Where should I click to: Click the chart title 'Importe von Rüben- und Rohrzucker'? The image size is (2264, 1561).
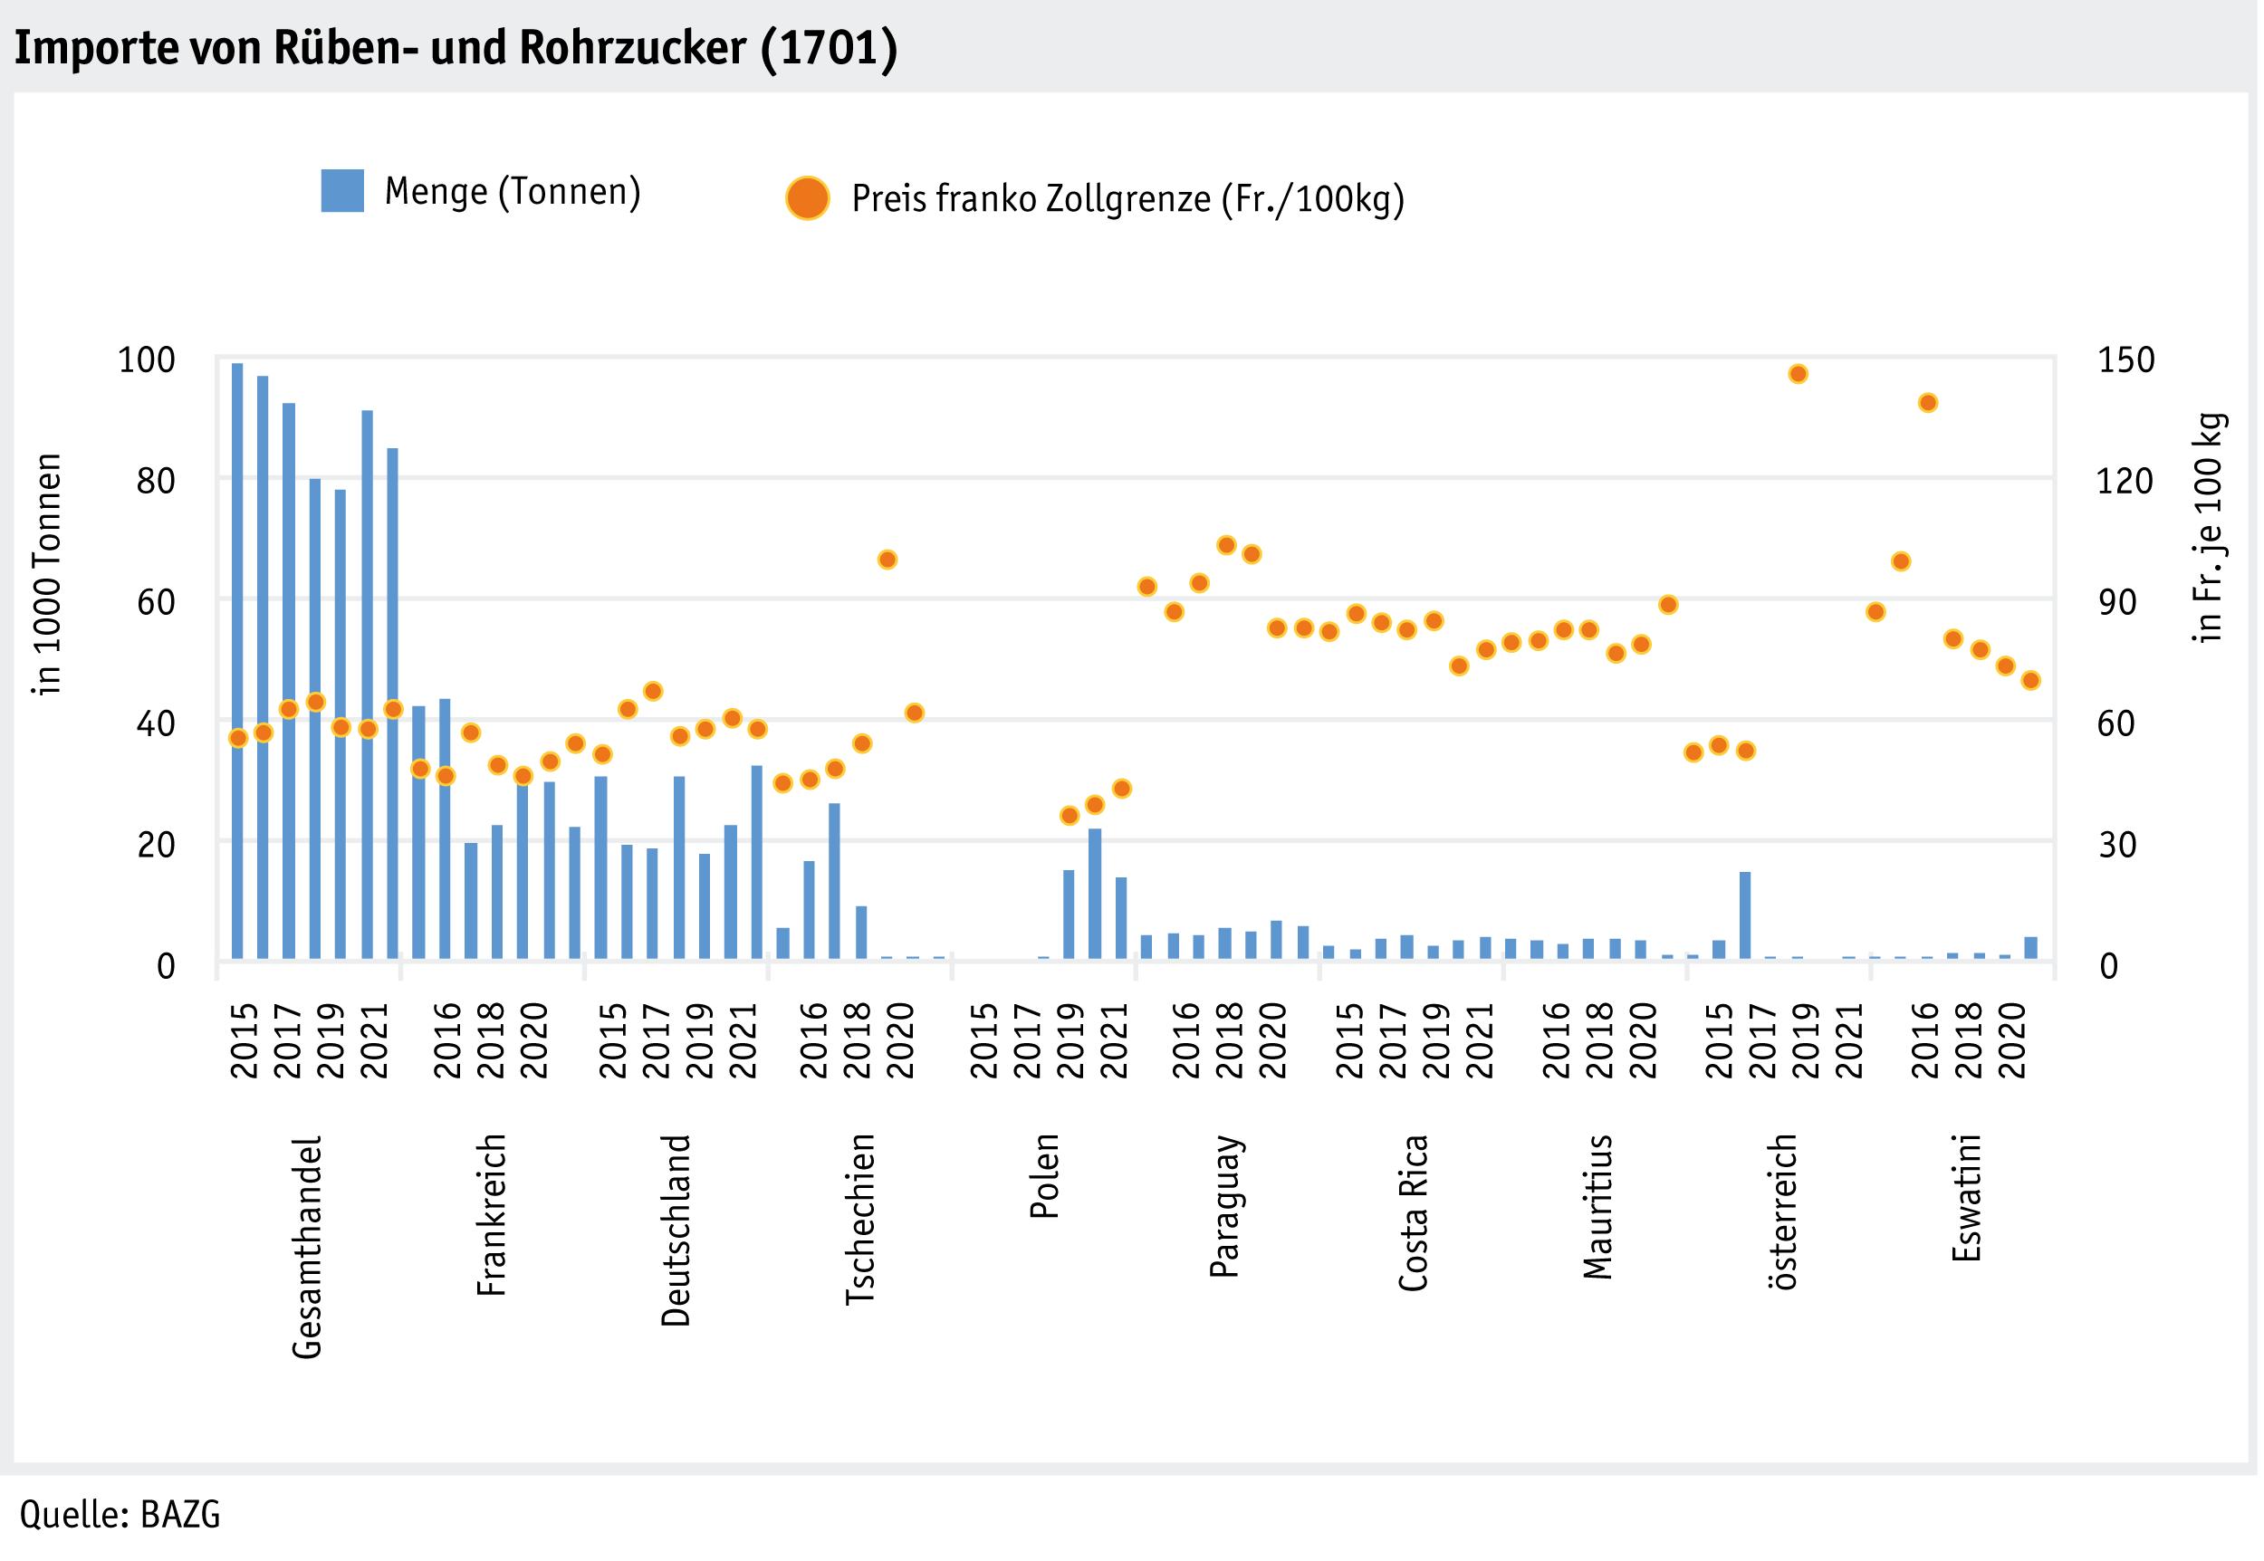click(455, 47)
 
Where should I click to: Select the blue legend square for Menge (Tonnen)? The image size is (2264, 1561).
click(342, 191)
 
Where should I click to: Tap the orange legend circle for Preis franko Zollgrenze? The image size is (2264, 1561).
click(807, 198)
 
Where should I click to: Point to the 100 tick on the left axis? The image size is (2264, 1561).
click(147, 360)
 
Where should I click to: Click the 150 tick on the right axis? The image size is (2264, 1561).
click(2126, 360)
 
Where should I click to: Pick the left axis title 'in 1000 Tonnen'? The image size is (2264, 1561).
click(47, 574)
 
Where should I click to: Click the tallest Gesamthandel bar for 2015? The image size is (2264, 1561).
click(237, 660)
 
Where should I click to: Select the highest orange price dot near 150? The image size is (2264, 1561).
click(1798, 374)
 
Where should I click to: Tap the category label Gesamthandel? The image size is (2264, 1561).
click(307, 1247)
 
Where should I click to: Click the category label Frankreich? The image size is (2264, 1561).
click(492, 1215)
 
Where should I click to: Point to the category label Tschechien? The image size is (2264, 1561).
click(859, 1219)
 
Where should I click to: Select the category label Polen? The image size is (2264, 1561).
click(1044, 1175)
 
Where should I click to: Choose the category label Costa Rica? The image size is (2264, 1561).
click(1413, 1212)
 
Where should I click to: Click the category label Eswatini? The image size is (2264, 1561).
click(1967, 1197)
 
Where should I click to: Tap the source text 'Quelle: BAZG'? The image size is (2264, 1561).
click(120, 1514)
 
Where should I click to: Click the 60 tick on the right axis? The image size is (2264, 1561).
click(2116, 723)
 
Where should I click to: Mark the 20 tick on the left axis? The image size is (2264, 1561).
click(157, 844)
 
